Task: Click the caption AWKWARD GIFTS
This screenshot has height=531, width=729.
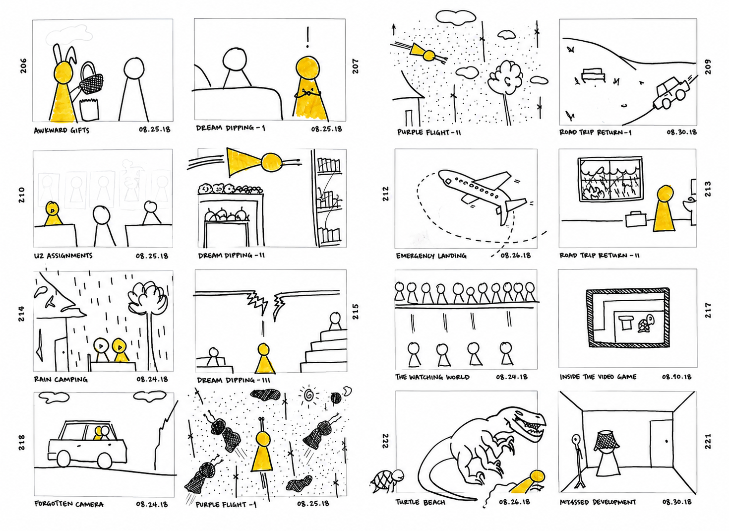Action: pyautogui.click(x=61, y=131)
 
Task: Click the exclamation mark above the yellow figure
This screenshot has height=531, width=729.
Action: pyautogui.click(x=307, y=37)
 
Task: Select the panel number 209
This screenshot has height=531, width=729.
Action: pyautogui.click(x=708, y=67)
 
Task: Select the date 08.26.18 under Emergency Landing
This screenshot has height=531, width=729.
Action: pyautogui.click(x=516, y=256)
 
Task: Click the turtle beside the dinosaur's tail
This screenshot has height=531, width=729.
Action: pyautogui.click(x=387, y=480)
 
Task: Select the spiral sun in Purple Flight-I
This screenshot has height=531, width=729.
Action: pyautogui.click(x=308, y=396)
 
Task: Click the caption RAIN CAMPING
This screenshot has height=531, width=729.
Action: pyautogui.click(x=61, y=379)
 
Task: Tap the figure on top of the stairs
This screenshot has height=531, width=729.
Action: pyautogui.click(x=335, y=321)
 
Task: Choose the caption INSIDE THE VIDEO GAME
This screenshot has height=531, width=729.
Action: pyautogui.click(x=598, y=377)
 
